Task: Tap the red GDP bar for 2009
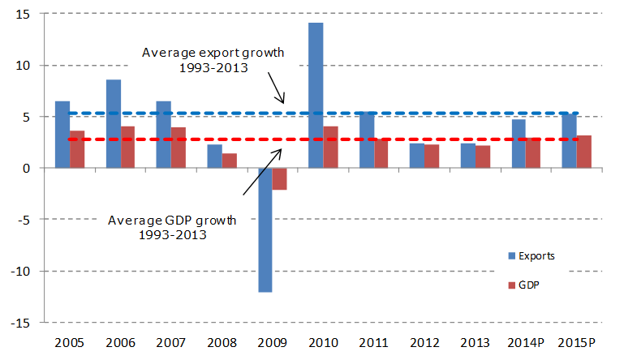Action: [280, 178]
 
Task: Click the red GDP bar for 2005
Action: [77, 149]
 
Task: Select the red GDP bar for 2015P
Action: [583, 152]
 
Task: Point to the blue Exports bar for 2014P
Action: [519, 144]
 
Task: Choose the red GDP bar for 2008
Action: [230, 161]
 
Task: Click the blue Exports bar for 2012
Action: [417, 156]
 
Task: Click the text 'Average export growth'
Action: [213, 53]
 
